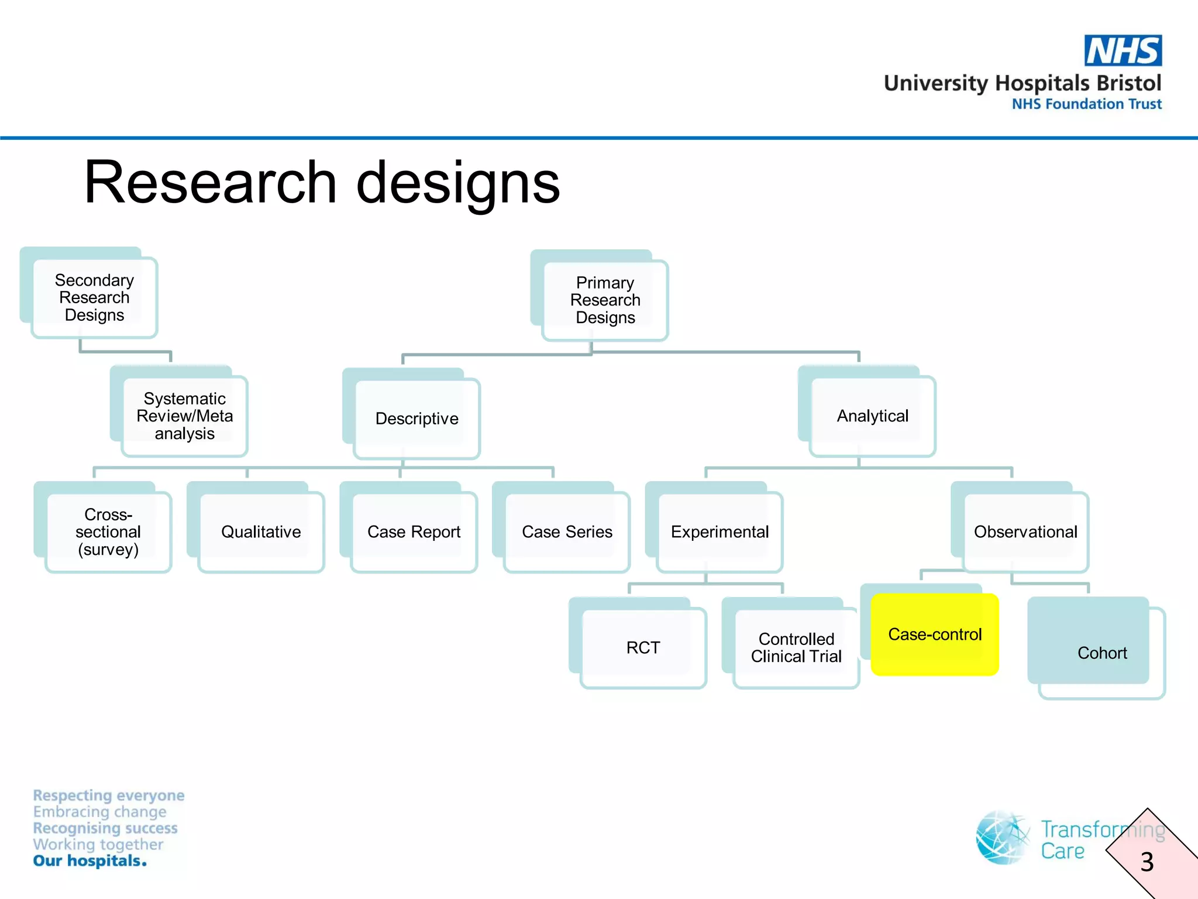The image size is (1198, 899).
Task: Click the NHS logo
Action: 1123,51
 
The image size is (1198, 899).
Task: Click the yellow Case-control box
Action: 934,634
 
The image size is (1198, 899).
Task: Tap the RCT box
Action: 643,647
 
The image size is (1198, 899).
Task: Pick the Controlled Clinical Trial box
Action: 796,647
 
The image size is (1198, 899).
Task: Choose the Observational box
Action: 1025,531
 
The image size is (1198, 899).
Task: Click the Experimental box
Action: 720,531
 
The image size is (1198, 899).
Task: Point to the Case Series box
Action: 566,531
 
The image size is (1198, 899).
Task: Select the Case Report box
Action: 414,531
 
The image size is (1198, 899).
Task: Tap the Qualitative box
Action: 261,531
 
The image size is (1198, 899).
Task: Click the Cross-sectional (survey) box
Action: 108,531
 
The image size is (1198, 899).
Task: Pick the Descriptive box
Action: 416,418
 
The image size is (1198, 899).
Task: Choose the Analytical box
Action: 872,416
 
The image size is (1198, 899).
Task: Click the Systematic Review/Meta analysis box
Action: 184,416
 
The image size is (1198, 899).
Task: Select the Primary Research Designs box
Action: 605,300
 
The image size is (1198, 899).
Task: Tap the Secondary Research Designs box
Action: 94,297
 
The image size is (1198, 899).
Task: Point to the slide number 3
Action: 1147,862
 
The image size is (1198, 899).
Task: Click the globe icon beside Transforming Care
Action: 1002,838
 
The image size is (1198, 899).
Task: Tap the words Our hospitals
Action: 89,861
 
